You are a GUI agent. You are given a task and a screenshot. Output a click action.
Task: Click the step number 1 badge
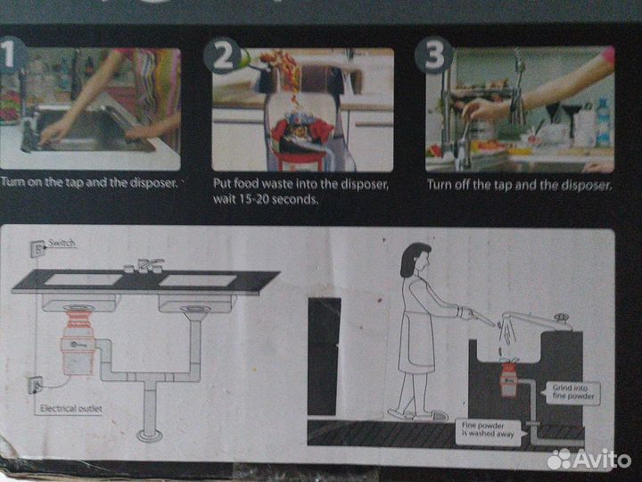pos(12,54)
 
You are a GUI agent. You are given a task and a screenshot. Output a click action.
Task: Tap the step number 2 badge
pos(222,55)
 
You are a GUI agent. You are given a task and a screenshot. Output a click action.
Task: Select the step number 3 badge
pos(434,55)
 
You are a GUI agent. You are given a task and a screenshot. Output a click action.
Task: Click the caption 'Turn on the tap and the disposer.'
pos(89,182)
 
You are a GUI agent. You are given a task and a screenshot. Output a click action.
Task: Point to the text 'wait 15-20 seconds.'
pos(266,200)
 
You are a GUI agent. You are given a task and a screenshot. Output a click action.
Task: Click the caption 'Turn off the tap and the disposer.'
pos(519,185)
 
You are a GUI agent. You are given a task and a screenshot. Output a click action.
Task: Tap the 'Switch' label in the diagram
pos(62,243)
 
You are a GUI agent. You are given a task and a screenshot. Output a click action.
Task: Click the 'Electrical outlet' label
pos(70,409)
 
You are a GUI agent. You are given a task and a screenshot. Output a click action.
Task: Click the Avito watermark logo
pos(588,458)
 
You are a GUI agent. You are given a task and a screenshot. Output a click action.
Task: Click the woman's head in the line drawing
pos(416,260)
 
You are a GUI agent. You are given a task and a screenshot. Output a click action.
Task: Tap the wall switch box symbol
pos(37,248)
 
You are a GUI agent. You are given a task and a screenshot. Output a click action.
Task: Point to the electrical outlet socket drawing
pos(35,385)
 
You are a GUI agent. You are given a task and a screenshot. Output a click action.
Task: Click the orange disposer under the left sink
pos(78,340)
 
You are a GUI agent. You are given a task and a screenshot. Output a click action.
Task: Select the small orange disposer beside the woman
pos(509,378)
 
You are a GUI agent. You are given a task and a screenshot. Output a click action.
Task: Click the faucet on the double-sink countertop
pos(144,266)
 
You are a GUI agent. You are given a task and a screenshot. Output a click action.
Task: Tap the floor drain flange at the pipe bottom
pos(149,435)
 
